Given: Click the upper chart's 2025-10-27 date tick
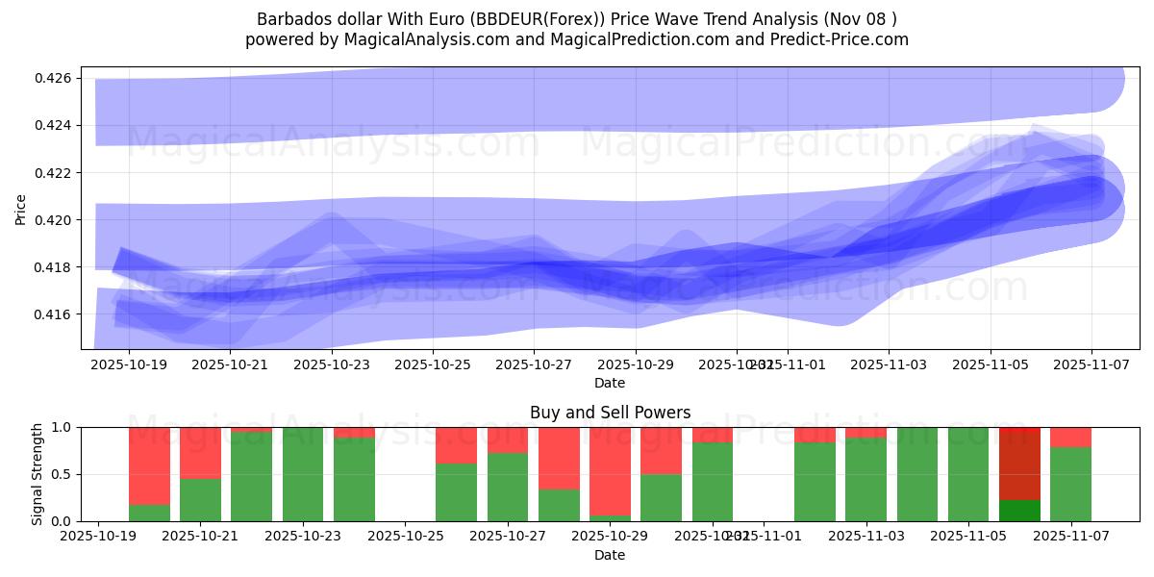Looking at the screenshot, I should pyautogui.click(x=534, y=365).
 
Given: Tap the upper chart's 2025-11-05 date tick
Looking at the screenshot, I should pyautogui.click(x=991, y=365).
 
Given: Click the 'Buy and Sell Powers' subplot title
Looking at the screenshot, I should pyautogui.click(x=610, y=413).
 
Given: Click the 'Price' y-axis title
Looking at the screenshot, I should pyautogui.click(x=22, y=209).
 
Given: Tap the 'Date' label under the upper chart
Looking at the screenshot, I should pyautogui.click(x=610, y=383).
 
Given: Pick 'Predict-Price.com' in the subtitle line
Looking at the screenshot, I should pyautogui.click(x=842, y=39).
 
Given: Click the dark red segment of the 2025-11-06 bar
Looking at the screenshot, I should pyautogui.click(x=1019, y=463).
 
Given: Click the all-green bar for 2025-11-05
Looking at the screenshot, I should pyautogui.click(x=968, y=474).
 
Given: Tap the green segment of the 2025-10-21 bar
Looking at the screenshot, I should pyautogui.click(x=200, y=499).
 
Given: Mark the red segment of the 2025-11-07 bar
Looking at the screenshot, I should pyautogui.click(x=1070, y=437).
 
